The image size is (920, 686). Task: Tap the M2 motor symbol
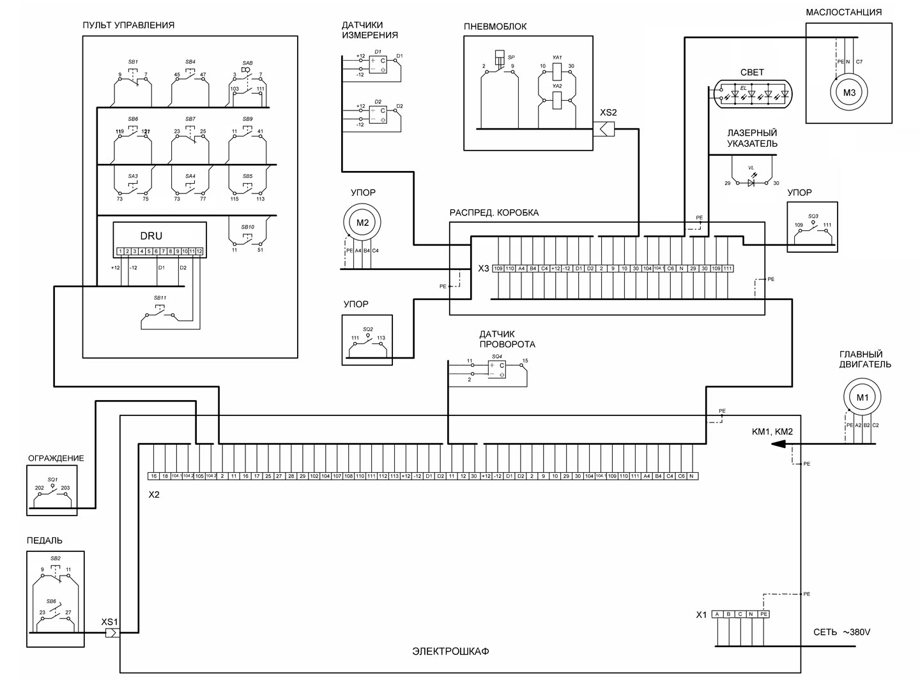point(362,223)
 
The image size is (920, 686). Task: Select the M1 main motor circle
point(862,398)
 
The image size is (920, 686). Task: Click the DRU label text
point(151,235)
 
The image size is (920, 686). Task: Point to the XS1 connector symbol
point(112,633)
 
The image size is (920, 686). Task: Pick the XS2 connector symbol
point(604,130)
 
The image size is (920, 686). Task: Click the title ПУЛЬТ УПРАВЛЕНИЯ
point(128,26)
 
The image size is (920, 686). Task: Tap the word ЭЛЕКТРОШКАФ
point(450,652)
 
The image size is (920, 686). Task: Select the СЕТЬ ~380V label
point(841,632)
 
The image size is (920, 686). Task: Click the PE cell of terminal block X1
point(763,615)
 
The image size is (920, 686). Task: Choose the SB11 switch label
point(160,298)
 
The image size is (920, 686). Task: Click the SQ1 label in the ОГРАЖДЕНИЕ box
point(52,479)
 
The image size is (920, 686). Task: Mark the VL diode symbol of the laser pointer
point(751,183)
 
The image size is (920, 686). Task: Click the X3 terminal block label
point(483,269)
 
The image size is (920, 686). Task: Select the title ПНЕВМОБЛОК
point(495,27)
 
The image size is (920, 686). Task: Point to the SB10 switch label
point(247,227)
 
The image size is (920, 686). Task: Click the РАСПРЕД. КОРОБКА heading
point(494,213)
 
